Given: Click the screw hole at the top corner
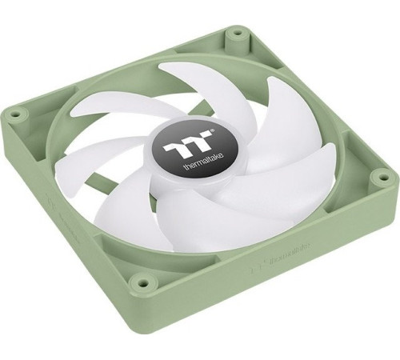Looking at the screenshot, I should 236,35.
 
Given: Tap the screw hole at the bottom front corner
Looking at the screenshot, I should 144,282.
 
